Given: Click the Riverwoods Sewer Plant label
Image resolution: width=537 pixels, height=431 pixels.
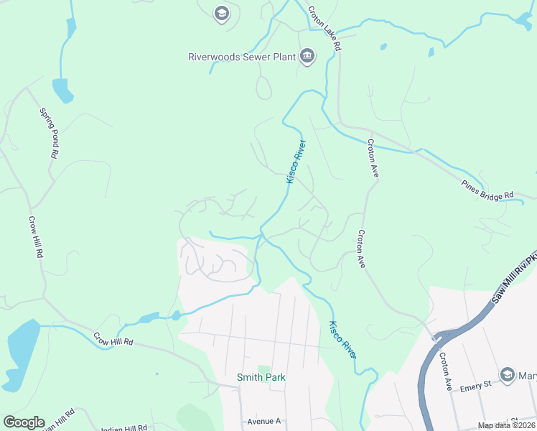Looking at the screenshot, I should (x=242, y=56).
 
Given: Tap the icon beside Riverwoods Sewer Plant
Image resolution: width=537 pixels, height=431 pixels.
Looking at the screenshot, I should (x=307, y=56).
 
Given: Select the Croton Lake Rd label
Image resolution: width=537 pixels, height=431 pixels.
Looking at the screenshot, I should (x=324, y=28).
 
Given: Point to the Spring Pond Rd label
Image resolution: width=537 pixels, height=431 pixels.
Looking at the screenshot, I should (x=50, y=133).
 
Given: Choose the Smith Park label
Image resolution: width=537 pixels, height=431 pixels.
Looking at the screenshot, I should (x=261, y=377).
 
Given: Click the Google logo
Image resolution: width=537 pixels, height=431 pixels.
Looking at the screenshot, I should (x=24, y=422).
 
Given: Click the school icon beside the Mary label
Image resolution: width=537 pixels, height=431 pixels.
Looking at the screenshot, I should (x=508, y=375).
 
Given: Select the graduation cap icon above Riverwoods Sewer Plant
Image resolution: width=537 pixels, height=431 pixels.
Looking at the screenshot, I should (x=221, y=12).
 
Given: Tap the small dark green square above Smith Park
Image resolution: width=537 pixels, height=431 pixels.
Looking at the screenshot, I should (x=263, y=369).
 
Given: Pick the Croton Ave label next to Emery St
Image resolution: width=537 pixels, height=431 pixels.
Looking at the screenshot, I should (x=446, y=371).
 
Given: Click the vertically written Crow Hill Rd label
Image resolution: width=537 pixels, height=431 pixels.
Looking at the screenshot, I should (x=36, y=237).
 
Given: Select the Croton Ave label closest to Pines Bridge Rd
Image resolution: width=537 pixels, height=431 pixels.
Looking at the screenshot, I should (x=373, y=157).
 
